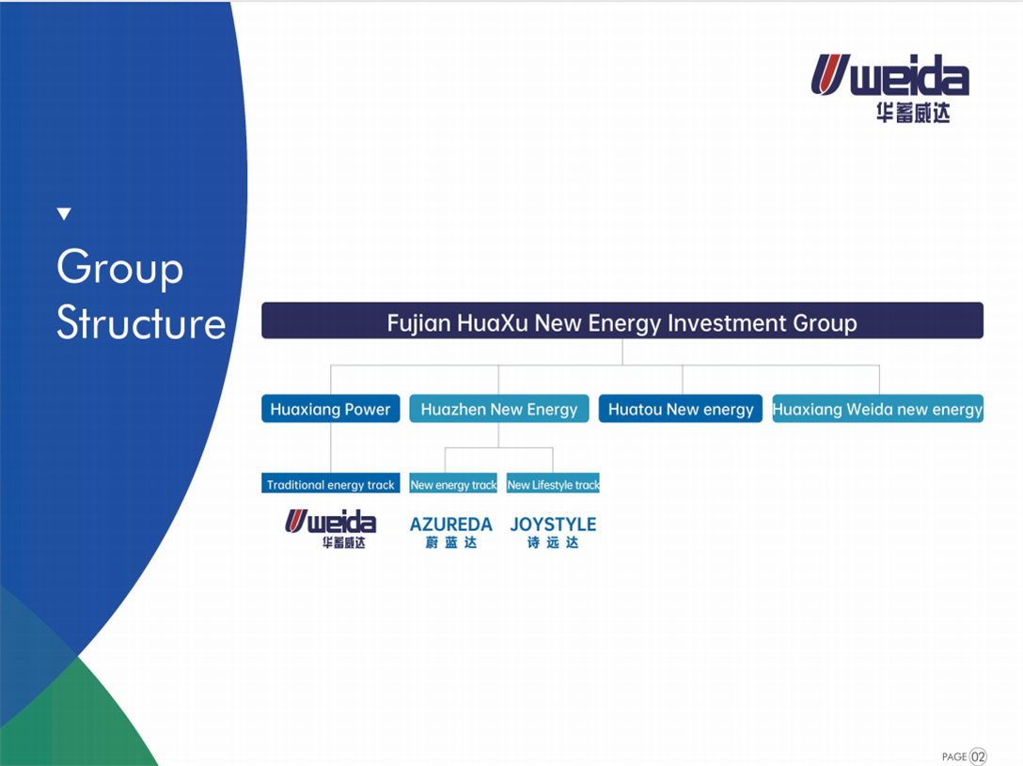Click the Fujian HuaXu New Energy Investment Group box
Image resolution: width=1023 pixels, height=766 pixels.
622,320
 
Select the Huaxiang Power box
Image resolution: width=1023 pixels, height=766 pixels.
331,409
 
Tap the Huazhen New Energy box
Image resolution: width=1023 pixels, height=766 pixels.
499,409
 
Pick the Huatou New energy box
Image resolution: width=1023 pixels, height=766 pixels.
681,409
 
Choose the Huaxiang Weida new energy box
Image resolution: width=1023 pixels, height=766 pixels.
877,409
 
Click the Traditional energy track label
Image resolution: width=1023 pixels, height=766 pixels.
331,483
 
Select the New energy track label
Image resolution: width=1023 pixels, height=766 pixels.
453,483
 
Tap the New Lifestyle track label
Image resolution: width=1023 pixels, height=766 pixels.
553,483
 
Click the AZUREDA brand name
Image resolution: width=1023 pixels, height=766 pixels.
450,524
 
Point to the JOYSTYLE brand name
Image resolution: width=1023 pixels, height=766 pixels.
553,524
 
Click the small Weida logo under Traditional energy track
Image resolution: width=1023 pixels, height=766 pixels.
331,529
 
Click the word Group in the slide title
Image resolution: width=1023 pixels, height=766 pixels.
120,267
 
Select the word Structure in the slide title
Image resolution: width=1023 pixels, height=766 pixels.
141,322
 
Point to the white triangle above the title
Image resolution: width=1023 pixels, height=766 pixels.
64,214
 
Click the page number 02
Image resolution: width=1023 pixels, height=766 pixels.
978,757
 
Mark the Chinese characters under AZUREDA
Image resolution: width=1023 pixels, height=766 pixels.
450,542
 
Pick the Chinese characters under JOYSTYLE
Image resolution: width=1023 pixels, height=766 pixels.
553,542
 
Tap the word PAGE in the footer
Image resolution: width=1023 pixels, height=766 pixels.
953,757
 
